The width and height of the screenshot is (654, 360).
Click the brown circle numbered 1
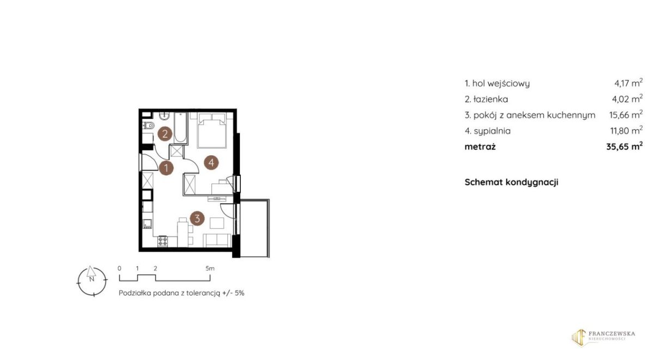click(x=166, y=168)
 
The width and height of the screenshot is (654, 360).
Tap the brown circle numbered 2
click(x=165, y=134)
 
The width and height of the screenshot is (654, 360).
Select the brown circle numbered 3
click(x=197, y=218)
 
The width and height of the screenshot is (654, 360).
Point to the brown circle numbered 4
click(x=211, y=162)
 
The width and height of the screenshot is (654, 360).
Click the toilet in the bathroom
click(x=149, y=125)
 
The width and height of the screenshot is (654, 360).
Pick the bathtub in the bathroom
click(x=180, y=128)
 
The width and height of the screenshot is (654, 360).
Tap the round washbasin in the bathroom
click(x=165, y=116)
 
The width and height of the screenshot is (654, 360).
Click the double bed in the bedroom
click(x=211, y=130)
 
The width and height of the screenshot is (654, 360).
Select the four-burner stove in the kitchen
click(x=162, y=241)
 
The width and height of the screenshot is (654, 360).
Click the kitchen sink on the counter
click(x=147, y=224)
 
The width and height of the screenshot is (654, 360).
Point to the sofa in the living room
click(x=217, y=240)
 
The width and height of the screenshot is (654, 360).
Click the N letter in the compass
click(x=92, y=279)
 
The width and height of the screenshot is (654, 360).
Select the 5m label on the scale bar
click(x=210, y=269)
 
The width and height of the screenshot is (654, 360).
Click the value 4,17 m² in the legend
click(x=628, y=83)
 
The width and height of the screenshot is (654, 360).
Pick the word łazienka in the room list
click(x=491, y=99)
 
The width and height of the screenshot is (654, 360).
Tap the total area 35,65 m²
click(x=625, y=146)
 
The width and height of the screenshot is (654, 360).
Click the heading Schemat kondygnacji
click(x=511, y=182)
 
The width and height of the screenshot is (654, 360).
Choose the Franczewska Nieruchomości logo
click(x=603, y=337)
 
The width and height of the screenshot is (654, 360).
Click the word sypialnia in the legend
click(x=492, y=131)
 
